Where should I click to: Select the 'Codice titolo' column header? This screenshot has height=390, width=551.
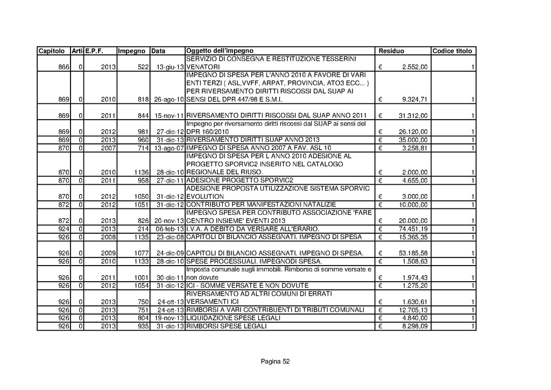[452, 51]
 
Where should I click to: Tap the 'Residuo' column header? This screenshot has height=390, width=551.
[391, 51]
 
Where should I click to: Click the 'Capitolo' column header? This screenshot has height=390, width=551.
[51, 51]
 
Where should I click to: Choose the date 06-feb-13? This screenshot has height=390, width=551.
[168, 229]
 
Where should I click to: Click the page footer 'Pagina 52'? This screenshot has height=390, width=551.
[275, 361]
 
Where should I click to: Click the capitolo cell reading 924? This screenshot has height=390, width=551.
[64, 229]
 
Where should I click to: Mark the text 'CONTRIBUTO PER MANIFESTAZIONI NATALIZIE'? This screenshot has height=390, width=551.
[261, 205]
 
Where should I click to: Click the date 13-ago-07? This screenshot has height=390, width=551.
[168, 148]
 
